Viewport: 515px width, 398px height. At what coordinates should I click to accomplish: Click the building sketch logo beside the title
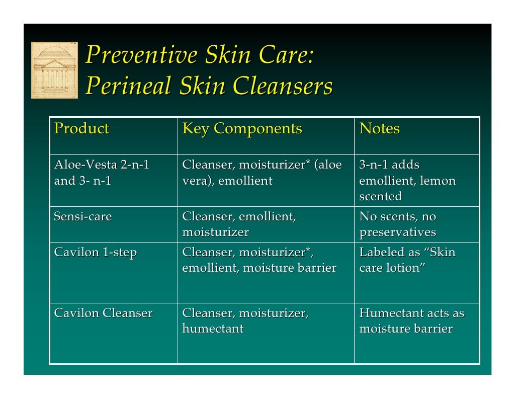tap(54, 70)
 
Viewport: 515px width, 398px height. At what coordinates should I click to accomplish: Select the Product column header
tap(81, 129)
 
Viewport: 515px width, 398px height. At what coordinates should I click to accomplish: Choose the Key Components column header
tap(242, 129)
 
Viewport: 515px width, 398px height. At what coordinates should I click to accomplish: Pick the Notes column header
tap(379, 129)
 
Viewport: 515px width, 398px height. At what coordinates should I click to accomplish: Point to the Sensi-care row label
tap(83, 217)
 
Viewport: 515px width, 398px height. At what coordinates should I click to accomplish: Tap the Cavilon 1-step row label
tap(95, 252)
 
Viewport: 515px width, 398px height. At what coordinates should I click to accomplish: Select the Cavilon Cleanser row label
tap(103, 313)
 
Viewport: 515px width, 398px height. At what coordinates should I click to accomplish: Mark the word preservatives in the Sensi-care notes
tap(397, 232)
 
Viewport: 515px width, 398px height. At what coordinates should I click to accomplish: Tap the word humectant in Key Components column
tap(213, 329)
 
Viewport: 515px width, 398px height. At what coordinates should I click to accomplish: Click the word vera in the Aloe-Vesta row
tap(193, 181)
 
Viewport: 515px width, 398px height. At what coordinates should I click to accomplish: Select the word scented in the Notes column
tap(380, 196)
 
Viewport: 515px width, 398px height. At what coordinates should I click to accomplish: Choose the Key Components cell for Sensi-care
tap(239, 224)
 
